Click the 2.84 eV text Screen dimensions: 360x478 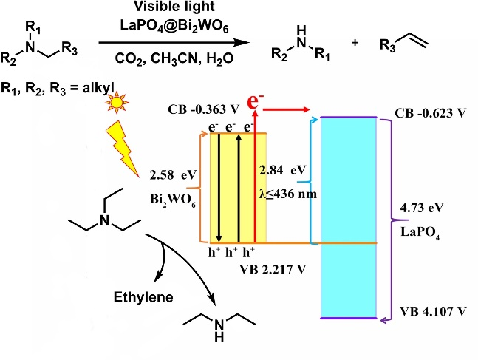[282, 171]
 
